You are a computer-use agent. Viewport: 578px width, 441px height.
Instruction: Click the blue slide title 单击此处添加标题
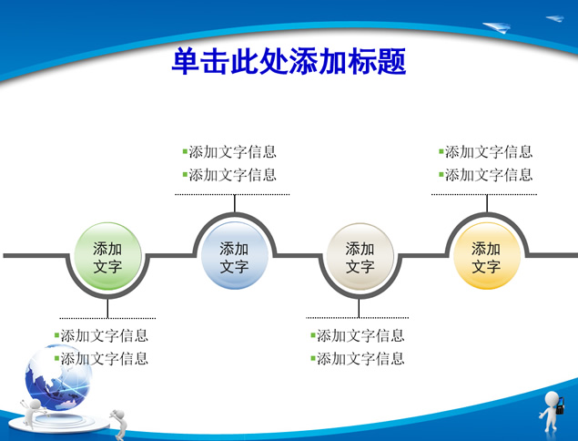[x=289, y=61]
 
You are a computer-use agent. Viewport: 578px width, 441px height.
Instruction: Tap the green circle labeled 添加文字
[x=107, y=256]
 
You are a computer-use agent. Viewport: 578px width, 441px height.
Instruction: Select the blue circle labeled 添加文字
[x=235, y=255]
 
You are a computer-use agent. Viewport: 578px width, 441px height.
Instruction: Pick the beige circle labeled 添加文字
[x=360, y=256]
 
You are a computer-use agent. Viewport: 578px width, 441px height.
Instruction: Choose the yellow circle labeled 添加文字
[x=487, y=255]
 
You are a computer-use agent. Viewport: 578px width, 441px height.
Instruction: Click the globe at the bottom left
[x=58, y=377]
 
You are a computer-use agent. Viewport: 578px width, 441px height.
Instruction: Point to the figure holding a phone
[x=552, y=412]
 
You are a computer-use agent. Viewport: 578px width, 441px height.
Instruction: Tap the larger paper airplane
[x=497, y=27]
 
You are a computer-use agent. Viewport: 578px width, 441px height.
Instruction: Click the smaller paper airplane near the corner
[x=555, y=18]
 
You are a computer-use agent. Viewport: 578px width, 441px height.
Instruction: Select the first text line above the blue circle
[x=229, y=151]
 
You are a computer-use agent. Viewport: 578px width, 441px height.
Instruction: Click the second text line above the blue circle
[x=229, y=175]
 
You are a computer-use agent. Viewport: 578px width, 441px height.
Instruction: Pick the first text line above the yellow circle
[x=486, y=151]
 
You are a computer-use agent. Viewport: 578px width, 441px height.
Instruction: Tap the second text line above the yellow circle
[x=486, y=175]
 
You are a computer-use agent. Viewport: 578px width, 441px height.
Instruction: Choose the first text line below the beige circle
[x=358, y=335]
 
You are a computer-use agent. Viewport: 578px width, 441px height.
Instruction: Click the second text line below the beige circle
[x=358, y=358]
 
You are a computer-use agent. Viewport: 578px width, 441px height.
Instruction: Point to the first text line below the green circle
[x=101, y=335]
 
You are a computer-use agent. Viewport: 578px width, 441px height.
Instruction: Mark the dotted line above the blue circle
[x=232, y=194]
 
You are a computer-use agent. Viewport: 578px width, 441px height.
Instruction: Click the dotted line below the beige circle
[x=357, y=317]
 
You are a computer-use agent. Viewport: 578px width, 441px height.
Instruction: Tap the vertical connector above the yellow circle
[x=487, y=203]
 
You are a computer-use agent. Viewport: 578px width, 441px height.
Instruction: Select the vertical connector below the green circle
[x=107, y=308]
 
